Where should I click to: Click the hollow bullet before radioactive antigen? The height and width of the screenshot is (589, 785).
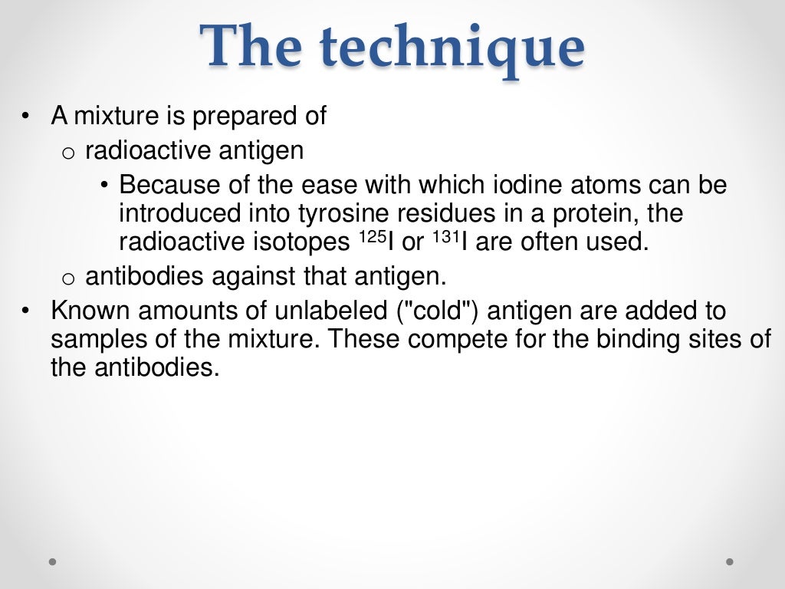[x=68, y=153]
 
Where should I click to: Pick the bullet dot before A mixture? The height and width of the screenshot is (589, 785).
[x=27, y=117]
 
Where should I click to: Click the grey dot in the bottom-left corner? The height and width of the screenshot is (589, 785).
[x=53, y=561]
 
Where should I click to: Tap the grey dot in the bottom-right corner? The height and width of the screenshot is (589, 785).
[x=730, y=561]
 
